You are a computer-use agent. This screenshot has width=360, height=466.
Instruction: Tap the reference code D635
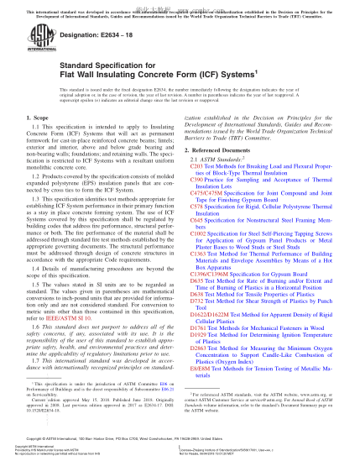pyautogui.click(x=197, y=296)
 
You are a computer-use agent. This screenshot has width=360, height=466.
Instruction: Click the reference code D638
pyautogui.click(x=197, y=310)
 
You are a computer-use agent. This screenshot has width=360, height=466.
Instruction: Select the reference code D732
pyautogui.click(x=197, y=317)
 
